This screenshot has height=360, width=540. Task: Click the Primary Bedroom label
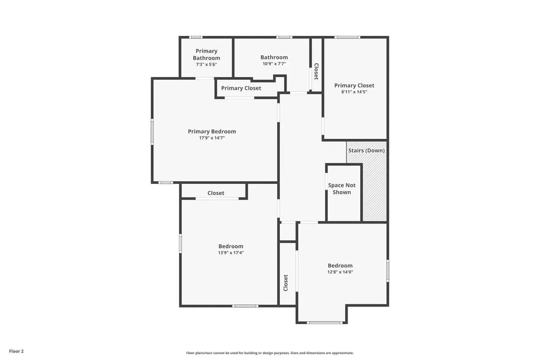click(x=212, y=131)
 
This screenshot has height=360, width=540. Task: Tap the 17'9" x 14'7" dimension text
click(x=212, y=138)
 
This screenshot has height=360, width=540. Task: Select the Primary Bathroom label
click(x=207, y=54)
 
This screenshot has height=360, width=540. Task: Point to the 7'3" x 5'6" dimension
click(x=206, y=65)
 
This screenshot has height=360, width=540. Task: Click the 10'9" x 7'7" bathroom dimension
click(x=274, y=64)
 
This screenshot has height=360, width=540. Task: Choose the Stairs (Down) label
click(x=367, y=151)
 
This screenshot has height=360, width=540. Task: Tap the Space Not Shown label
click(x=342, y=189)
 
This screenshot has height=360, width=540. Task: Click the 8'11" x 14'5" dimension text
click(x=354, y=92)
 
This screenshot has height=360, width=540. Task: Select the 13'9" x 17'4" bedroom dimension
click(x=231, y=253)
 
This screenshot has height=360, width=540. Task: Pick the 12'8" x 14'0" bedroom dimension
click(x=340, y=272)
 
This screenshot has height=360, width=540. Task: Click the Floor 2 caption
click(x=16, y=351)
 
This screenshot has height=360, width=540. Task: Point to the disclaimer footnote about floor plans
click(x=270, y=353)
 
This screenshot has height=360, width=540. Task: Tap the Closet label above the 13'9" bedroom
click(x=216, y=193)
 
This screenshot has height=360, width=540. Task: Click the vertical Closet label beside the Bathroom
click(x=316, y=71)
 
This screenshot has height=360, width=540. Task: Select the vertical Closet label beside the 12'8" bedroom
click(x=286, y=283)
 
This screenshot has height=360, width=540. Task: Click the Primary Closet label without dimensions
click(x=241, y=88)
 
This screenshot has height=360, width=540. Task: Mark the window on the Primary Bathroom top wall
click(x=195, y=38)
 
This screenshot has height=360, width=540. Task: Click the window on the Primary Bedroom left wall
click(x=152, y=132)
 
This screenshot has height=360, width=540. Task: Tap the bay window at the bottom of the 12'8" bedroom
click(x=324, y=322)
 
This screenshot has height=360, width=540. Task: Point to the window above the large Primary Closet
click(x=347, y=38)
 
